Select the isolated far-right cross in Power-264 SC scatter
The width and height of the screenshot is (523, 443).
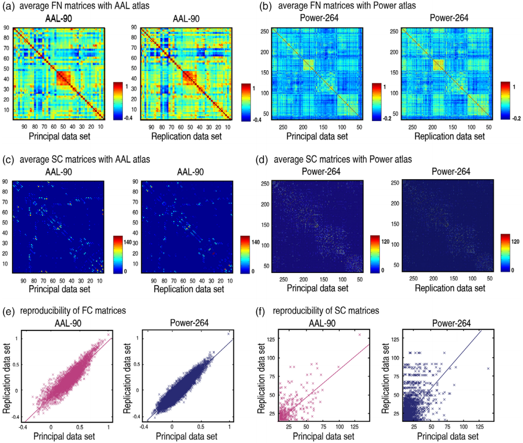(x=488, y=369)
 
